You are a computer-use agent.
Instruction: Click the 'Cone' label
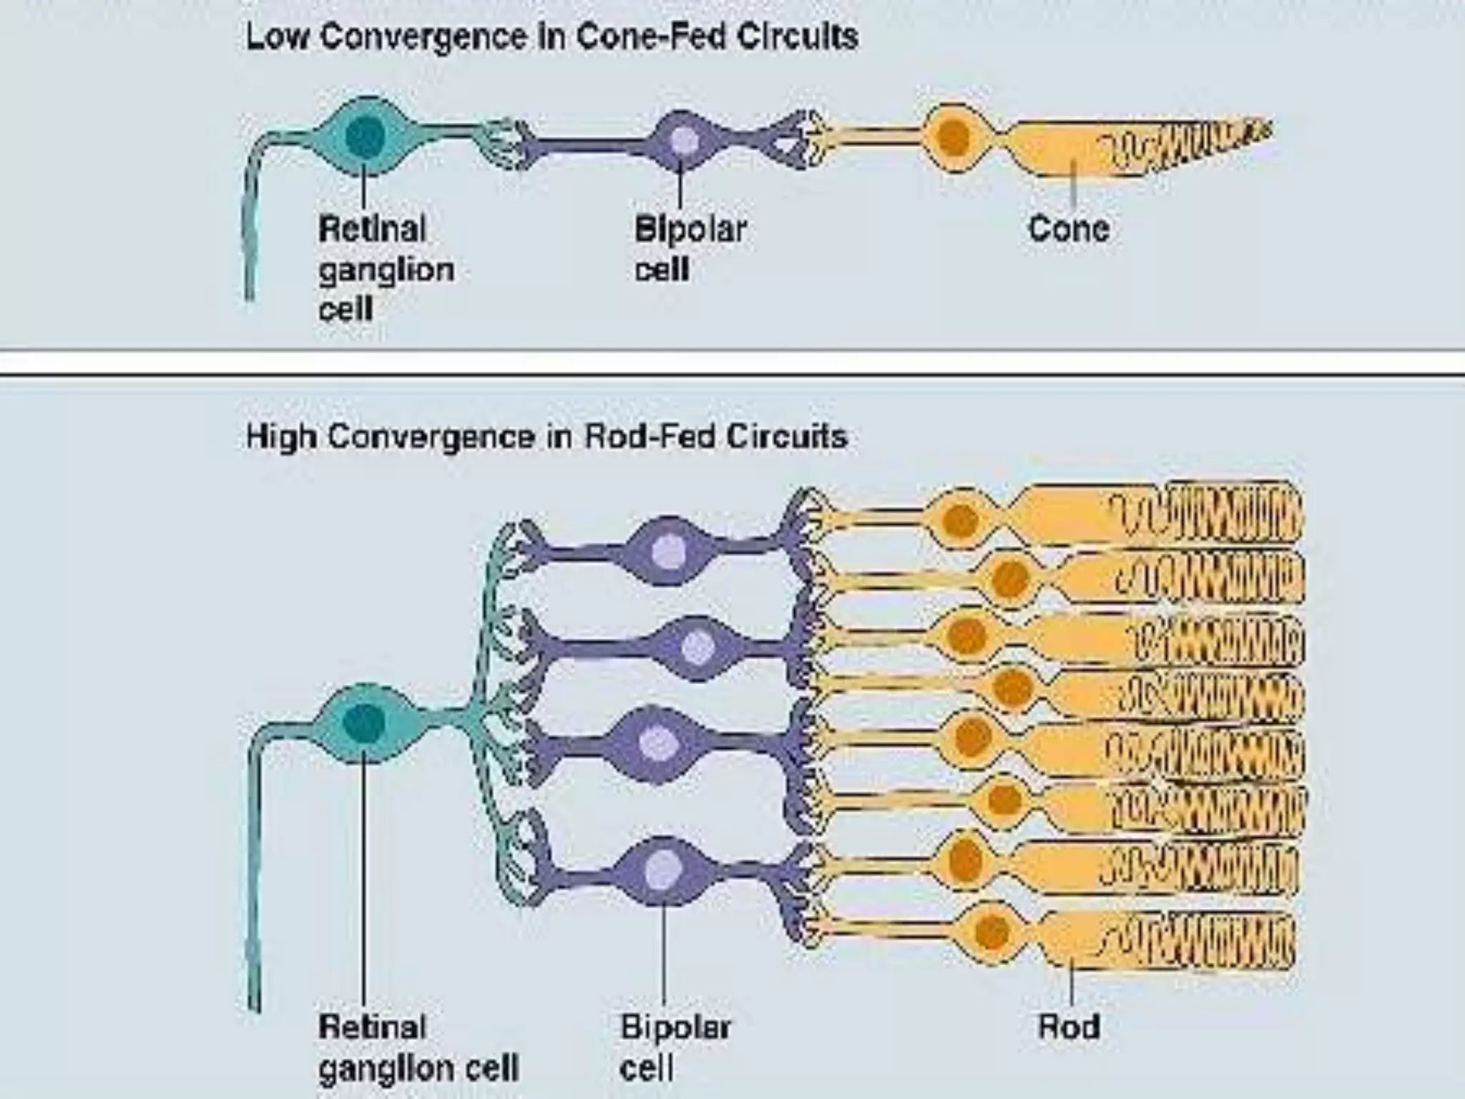pyautogui.click(x=1069, y=229)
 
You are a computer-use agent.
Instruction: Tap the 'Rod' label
pyautogui.click(x=1069, y=1027)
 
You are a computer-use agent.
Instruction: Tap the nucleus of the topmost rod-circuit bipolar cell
pyautogui.click(x=669, y=552)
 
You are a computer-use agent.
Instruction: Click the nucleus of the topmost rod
pyautogui.click(x=960, y=520)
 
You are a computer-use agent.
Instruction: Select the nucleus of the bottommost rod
pyautogui.click(x=991, y=931)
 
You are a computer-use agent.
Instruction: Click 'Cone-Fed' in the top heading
pyautogui.click(x=650, y=36)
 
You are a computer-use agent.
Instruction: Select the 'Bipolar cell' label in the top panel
pyautogui.click(x=690, y=249)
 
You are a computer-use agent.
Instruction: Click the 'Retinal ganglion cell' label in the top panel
pyautogui.click(x=386, y=269)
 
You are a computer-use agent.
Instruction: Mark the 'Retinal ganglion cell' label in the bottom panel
pyautogui.click(x=418, y=1047)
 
